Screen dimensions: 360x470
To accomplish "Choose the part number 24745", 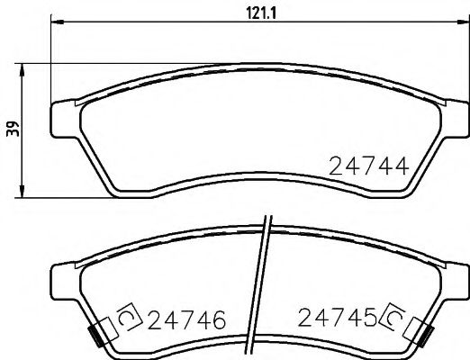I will point(338,318).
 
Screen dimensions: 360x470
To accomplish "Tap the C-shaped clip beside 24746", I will point(124,318).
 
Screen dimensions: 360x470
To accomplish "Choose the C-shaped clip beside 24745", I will point(393,318).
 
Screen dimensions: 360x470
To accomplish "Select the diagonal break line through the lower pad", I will point(260,288).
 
